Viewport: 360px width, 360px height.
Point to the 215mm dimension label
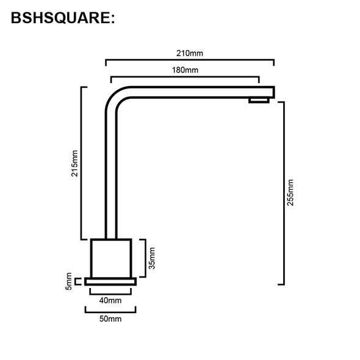[x=74, y=163]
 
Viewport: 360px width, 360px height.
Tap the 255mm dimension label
[x=290, y=192]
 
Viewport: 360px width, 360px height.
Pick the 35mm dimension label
[x=152, y=257]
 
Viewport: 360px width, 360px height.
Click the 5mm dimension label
[x=70, y=284]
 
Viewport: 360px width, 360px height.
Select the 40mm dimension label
[x=110, y=300]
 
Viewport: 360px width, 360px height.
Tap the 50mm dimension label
[x=110, y=319]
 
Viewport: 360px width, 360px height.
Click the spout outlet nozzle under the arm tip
[x=259, y=100]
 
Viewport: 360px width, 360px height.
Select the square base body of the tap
[x=111, y=258]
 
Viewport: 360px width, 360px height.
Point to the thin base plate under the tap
[x=110, y=281]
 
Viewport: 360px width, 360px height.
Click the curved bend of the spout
[x=115, y=98]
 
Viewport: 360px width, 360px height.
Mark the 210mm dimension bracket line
[x=190, y=60]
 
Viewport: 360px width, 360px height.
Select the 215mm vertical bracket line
[x=82, y=163]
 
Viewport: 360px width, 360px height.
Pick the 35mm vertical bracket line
[x=144, y=257]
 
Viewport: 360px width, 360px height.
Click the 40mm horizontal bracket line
[x=110, y=292]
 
